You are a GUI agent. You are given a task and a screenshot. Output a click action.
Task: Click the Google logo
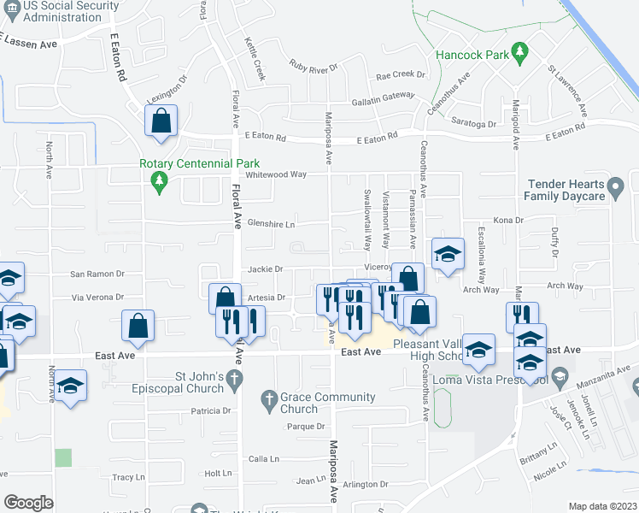coord(28,502)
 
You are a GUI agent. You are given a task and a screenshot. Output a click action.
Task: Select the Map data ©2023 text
coord(603,506)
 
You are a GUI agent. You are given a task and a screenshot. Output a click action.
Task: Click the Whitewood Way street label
coord(275,174)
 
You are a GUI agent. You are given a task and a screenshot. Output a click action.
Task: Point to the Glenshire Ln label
coord(271,224)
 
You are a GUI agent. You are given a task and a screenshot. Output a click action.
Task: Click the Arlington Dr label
coord(366,485)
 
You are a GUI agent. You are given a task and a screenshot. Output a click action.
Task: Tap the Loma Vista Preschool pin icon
coord(560,375)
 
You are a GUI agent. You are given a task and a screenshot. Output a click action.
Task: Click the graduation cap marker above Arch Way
coord(448,254)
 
